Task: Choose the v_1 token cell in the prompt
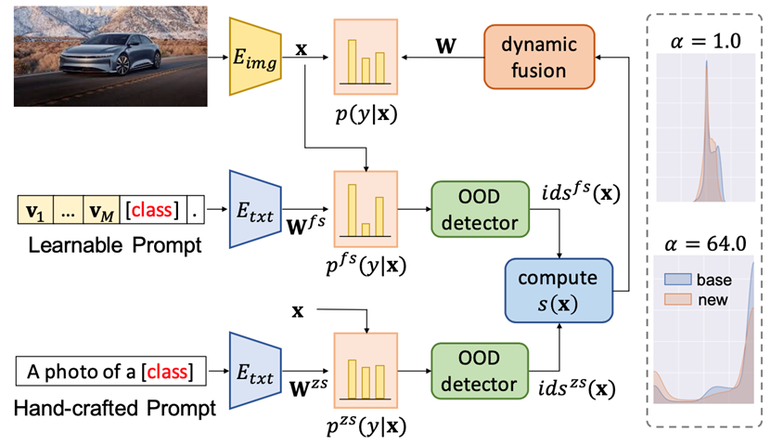(34, 209)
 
